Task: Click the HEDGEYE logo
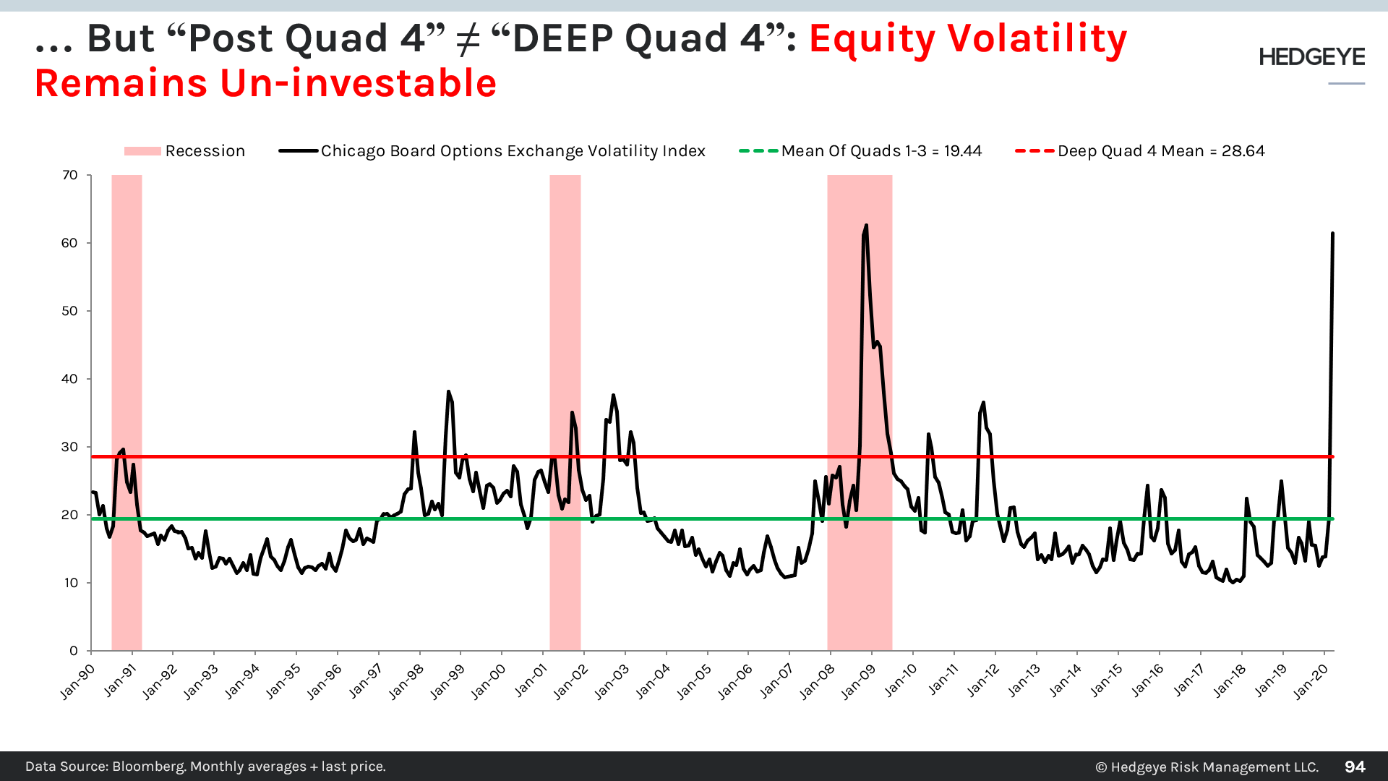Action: coord(1311,57)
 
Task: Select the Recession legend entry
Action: coord(185,151)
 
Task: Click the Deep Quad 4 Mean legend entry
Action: coord(1140,151)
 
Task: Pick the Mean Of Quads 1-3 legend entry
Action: coord(860,151)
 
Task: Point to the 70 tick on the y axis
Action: coord(70,175)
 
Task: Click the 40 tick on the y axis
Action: coord(70,379)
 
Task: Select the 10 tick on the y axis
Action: coord(70,583)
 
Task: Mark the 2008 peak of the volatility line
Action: coord(866,226)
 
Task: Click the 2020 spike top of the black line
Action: coord(1332,234)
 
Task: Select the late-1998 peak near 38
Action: coord(448,391)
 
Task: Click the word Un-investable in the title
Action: coord(358,83)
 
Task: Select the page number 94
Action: coord(1355,767)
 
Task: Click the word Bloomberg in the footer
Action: coord(148,767)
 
